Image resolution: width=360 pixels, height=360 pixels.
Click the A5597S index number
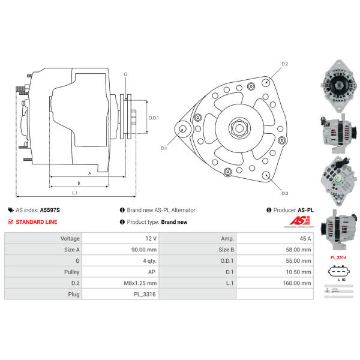[x=50, y=210]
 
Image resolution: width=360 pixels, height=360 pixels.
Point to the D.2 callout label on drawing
[x=285, y=64]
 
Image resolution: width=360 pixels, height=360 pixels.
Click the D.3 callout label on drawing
[x=285, y=193]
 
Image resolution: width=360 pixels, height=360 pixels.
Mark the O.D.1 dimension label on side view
[x=154, y=118]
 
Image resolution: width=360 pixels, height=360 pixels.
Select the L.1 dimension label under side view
[x=74, y=193]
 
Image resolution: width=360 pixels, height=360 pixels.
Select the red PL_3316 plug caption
[x=339, y=257]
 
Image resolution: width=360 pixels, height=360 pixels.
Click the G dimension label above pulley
[x=125, y=74]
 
